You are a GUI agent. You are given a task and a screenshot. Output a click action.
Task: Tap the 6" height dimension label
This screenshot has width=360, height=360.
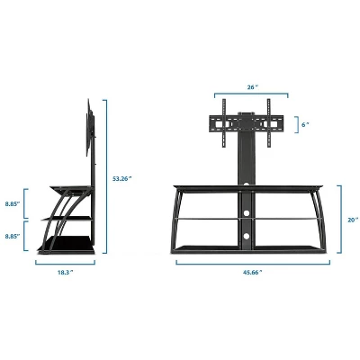(x=306, y=124)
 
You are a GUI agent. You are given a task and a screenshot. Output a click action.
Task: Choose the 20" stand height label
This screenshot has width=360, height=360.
(x=352, y=219)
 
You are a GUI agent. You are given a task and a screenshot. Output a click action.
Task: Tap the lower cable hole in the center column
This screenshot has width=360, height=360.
(x=243, y=236)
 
